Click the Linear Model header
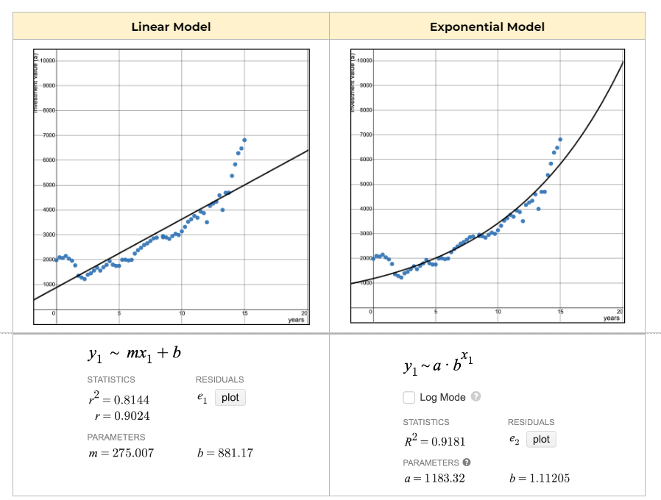(x=171, y=27)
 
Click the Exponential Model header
(x=487, y=27)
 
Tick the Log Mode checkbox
(x=409, y=397)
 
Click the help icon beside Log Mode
(x=476, y=397)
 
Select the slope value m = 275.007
(x=121, y=453)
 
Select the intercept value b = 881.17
(x=225, y=453)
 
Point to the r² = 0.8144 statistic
(x=119, y=399)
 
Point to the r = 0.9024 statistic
(x=123, y=415)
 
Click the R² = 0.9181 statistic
(x=434, y=441)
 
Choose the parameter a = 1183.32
(x=434, y=479)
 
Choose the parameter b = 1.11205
(x=540, y=479)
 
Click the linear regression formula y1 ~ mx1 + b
(x=134, y=354)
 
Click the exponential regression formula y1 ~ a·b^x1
(x=439, y=365)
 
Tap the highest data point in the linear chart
(x=244, y=140)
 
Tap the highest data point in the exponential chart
(x=560, y=139)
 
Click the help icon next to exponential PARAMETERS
(x=467, y=463)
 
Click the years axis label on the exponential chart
(x=611, y=318)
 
